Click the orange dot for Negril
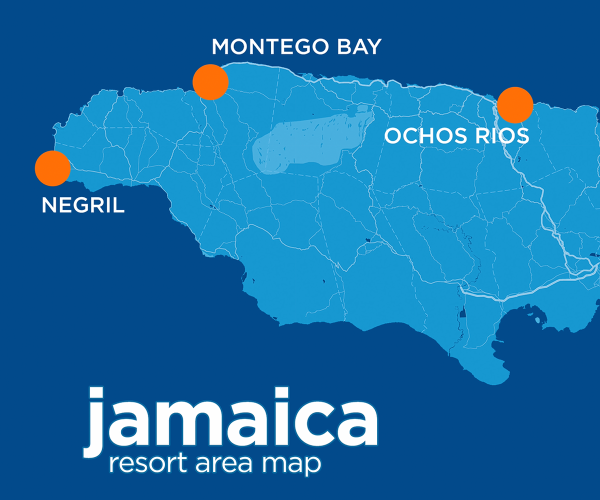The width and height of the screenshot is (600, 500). [x=52, y=168]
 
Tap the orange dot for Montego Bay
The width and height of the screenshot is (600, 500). [x=210, y=82]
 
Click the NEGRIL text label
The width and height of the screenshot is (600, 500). [x=83, y=205]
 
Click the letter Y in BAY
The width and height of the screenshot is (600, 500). [x=372, y=47]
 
